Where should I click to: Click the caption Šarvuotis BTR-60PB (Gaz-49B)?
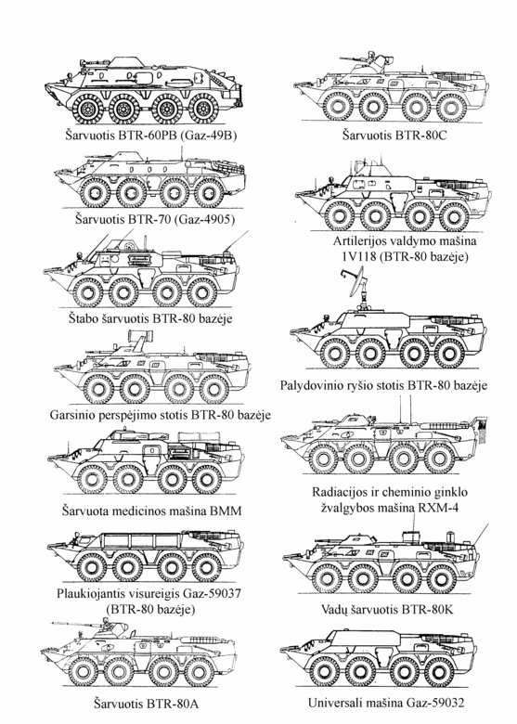point(151,136)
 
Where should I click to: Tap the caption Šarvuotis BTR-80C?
point(394,136)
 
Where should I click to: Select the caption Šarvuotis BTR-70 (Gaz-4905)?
point(155,218)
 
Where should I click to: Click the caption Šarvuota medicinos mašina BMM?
point(151,511)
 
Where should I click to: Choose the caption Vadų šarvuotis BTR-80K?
point(387,610)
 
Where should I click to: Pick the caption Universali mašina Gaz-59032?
point(386,703)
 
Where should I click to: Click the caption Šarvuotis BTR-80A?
point(146,704)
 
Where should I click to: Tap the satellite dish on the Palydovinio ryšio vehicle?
point(353,283)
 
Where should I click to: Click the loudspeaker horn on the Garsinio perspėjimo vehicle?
point(138,334)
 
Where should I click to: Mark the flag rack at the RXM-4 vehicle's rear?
point(481,428)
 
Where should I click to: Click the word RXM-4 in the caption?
point(439,508)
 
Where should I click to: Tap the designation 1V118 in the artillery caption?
point(358,256)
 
